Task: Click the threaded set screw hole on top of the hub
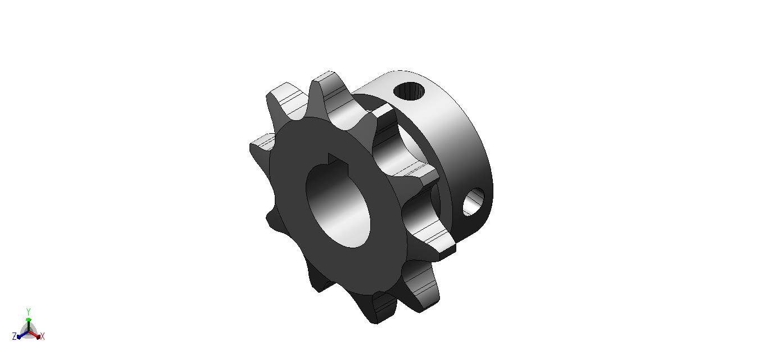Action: [x=409, y=92]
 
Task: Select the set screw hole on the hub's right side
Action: [x=474, y=202]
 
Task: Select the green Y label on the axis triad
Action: [x=29, y=311]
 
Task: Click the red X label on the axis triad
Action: [x=43, y=336]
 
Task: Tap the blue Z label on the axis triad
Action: [x=15, y=336]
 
